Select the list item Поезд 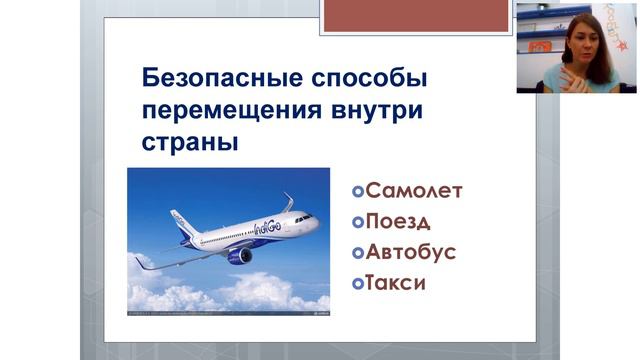398,221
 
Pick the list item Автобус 411,252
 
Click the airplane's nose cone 315,221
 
